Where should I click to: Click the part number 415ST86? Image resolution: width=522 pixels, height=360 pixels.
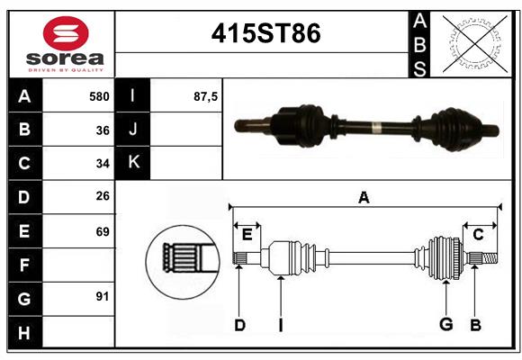(265, 33)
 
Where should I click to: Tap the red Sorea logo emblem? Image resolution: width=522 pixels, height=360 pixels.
(66, 36)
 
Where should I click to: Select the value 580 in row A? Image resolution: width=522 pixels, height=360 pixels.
(99, 96)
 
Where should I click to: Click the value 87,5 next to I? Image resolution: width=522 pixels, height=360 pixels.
(205, 96)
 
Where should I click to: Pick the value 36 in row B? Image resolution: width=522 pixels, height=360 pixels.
(103, 130)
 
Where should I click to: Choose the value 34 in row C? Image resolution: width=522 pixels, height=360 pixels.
(103, 164)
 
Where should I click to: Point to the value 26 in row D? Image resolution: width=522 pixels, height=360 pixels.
(103, 197)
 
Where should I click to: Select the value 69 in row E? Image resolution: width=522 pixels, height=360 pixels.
(103, 231)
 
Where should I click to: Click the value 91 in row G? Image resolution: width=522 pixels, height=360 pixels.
(103, 296)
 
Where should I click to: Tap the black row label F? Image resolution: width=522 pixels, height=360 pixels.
(24, 265)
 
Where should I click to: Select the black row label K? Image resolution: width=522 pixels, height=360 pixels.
(133, 163)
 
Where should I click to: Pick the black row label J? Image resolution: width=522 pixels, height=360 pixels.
(133, 130)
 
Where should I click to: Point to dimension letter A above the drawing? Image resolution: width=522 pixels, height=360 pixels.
(364, 198)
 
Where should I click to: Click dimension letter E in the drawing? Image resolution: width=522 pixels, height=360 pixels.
(247, 235)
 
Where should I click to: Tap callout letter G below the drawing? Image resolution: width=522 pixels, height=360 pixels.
(445, 324)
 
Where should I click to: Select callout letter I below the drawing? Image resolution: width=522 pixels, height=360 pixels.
(280, 324)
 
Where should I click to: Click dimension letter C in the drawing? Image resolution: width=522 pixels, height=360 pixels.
(478, 235)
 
